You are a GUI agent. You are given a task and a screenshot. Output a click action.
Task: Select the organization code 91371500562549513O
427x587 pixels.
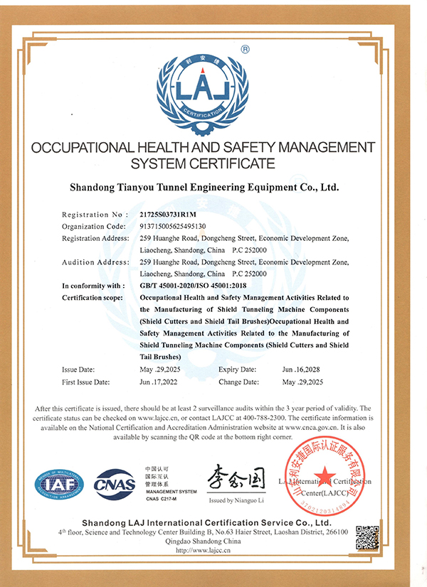173,226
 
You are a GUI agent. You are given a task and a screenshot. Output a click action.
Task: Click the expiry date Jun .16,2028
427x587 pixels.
302,370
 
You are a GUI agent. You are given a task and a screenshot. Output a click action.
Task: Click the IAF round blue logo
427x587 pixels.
60,485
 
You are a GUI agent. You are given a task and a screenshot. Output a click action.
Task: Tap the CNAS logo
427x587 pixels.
115,484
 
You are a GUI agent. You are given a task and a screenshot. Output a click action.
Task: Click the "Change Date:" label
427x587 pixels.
238,382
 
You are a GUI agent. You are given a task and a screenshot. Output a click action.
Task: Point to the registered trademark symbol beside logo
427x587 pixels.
245,50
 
